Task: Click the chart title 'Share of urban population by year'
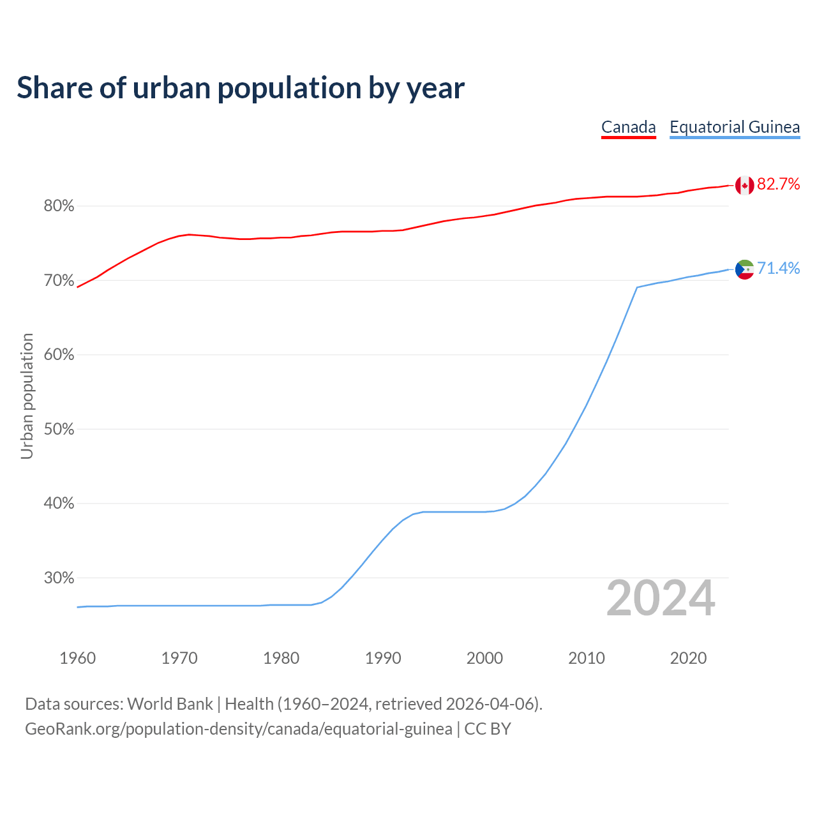[x=241, y=88]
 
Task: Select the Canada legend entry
[x=629, y=127]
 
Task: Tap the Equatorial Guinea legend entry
[x=735, y=127]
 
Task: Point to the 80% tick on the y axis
[x=59, y=206]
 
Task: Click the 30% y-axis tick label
[x=59, y=578]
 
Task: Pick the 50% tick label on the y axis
[x=59, y=430]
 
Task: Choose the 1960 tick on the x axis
[x=77, y=658]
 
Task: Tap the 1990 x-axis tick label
[x=383, y=658]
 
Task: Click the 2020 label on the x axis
[x=688, y=658]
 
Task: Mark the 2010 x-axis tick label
[x=587, y=658]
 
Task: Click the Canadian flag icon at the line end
[x=744, y=185]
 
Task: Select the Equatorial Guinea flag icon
[x=744, y=269]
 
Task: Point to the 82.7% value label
[x=779, y=184]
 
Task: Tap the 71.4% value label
[x=779, y=269]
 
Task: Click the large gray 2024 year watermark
[x=661, y=598]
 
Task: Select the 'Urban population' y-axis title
[x=27, y=396]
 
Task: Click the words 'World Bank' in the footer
[x=170, y=704]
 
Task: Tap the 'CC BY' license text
[x=488, y=729]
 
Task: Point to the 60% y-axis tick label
[x=59, y=355]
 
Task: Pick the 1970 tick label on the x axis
[x=179, y=658]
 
